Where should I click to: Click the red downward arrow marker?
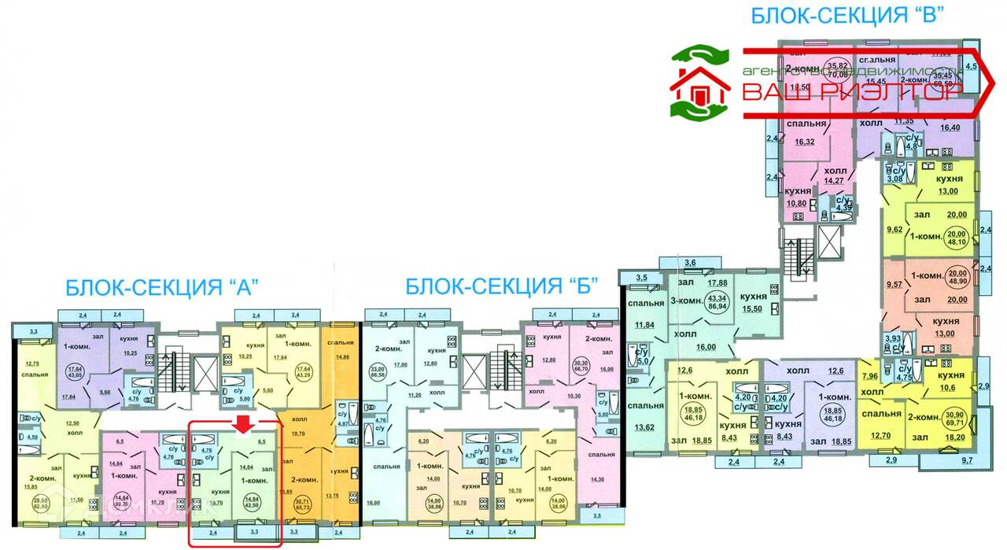coord(244,423)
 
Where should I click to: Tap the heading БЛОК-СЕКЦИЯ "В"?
coord(847,16)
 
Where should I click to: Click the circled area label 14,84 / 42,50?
coord(252,501)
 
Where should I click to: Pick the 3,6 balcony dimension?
coord(690,263)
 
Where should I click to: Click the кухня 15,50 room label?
coord(757,306)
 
